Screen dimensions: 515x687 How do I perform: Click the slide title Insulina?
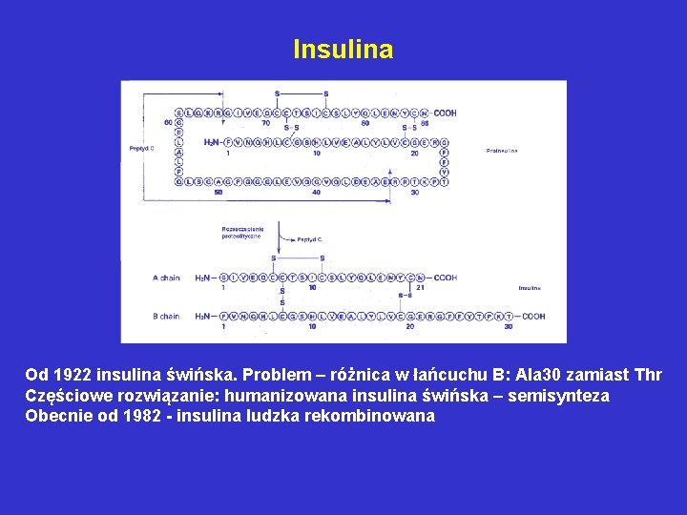[343, 49]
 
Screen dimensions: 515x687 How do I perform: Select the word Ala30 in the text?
[540, 376]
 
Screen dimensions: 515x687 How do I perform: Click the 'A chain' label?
[166, 278]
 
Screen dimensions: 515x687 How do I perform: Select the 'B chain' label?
[166, 316]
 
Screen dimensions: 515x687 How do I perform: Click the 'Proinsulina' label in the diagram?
[502, 151]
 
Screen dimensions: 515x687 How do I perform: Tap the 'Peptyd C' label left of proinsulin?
[142, 148]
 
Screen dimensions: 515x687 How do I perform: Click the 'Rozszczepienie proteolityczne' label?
[242, 233]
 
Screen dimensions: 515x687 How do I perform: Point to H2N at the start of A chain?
[202, 278]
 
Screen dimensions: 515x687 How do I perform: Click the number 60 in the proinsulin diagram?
[167, 122]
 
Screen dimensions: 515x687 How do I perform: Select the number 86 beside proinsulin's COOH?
[425, 122]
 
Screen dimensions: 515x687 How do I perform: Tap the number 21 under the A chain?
[420, 287]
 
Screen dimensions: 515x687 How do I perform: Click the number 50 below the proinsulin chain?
[219, 192]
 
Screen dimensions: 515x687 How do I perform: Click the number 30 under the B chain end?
[509, 326]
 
